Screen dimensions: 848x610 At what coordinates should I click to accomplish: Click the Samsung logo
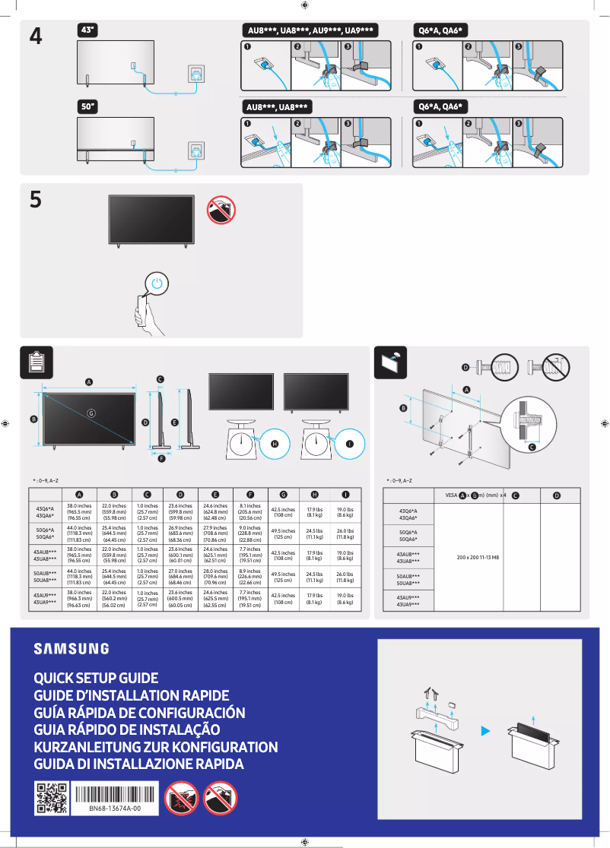click(x=71, y=648)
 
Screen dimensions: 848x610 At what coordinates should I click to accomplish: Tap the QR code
click(x=52, y=798)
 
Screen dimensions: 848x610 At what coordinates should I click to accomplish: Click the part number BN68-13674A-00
click(x=114, y=809)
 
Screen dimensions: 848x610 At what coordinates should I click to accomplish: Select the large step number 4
click(x=36, y=36)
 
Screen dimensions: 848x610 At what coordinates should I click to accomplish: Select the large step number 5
click(x=36, y=200)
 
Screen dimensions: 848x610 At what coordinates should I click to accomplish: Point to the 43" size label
click(x=88, y=30)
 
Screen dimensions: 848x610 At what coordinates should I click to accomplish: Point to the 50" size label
click(x=88, y=106)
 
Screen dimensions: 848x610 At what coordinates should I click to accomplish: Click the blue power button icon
click(x=156, y=283)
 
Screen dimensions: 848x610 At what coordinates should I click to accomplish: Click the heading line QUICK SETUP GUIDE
click(x=96, y=678)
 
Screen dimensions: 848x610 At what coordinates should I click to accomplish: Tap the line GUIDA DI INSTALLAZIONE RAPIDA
click(x=138, y=764)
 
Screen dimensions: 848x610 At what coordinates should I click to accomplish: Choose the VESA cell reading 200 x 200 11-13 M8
click(x=478, y=557)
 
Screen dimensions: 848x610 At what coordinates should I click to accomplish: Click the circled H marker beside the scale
click(x=275, y=443)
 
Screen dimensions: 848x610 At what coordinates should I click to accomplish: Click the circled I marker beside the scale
click(x=350, y=443)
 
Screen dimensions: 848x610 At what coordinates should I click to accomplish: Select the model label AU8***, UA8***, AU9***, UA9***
click(x=310, y=30)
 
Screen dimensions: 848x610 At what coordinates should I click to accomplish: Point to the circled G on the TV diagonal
click(x=91, y=413)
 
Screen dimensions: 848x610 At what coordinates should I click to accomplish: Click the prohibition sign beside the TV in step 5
click(x=221, y=210)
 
